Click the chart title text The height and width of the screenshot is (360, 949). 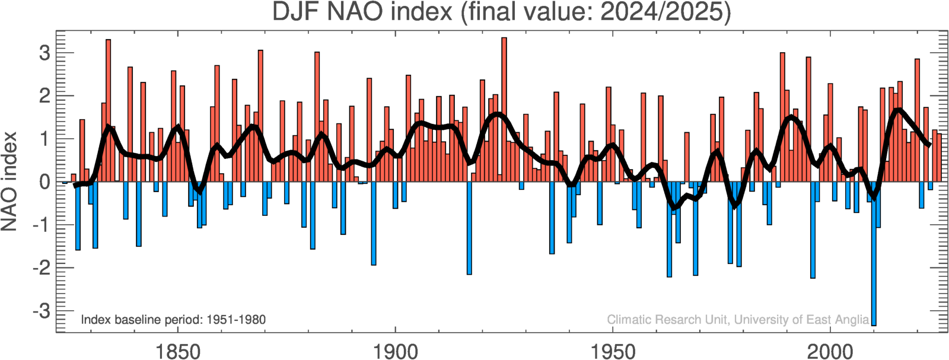tap(501, 12)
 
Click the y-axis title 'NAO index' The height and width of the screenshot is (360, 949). tap(9, 181)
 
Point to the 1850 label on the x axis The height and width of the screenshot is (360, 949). tap(177, 351)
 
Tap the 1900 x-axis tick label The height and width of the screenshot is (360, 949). tap(395, 351)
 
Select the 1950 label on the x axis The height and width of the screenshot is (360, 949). tap(613, 351)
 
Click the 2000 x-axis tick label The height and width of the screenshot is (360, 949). tap(830, 351)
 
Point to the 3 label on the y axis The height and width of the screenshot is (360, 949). tap(44, 53)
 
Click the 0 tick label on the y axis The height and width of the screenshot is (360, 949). tap(44, 182)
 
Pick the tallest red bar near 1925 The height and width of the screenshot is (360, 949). tap(504, 107)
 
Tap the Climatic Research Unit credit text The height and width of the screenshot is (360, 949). tap(738, 320)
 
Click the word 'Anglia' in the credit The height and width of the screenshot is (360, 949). tap(852, 320)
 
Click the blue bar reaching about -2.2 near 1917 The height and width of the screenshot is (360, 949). tap(469, 228)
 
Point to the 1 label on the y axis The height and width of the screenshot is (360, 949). tap(44, 139)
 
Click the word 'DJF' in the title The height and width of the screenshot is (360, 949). tap(296, 12)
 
